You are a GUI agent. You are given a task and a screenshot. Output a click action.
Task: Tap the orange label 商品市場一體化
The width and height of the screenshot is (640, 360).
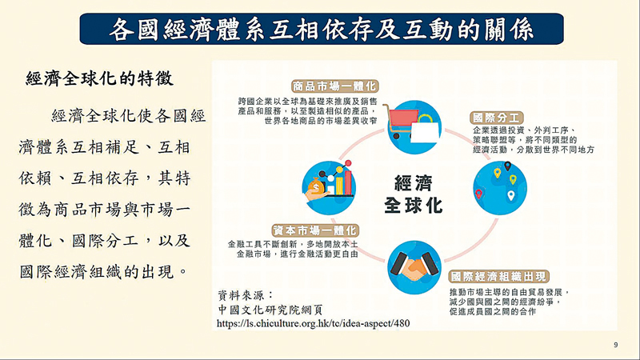[334, 86]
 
